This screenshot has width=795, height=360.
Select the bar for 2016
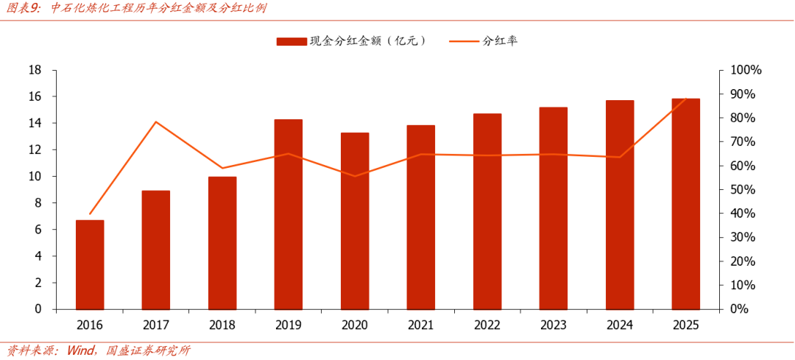[90, 265]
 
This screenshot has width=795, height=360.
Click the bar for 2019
[288, 214]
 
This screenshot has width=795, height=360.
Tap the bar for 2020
[354, 221]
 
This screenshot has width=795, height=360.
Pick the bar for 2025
[685, 204]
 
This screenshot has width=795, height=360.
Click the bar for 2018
[222, 243]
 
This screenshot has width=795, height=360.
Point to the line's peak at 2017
[155, 121]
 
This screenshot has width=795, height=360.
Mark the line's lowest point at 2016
[90, 214]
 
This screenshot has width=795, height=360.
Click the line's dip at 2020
[354, 176]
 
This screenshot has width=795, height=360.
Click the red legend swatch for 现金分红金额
[291, 41]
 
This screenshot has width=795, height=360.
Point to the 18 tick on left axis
[35, 70]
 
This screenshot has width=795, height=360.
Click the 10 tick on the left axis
[35, 177]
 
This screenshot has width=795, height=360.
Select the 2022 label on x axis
[487, 325]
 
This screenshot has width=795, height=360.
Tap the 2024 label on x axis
[619, 325]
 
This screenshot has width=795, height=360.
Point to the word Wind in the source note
[80, 350]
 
